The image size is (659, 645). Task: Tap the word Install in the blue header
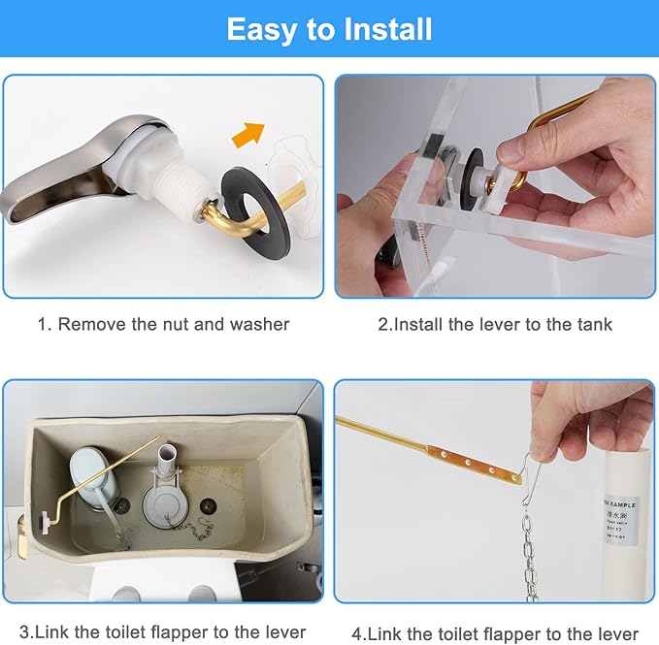click(382, 29)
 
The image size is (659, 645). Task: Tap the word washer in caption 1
click(259, 324)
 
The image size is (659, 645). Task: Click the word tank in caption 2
click(592, 324)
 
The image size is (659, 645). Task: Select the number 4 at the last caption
click(357, 633)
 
